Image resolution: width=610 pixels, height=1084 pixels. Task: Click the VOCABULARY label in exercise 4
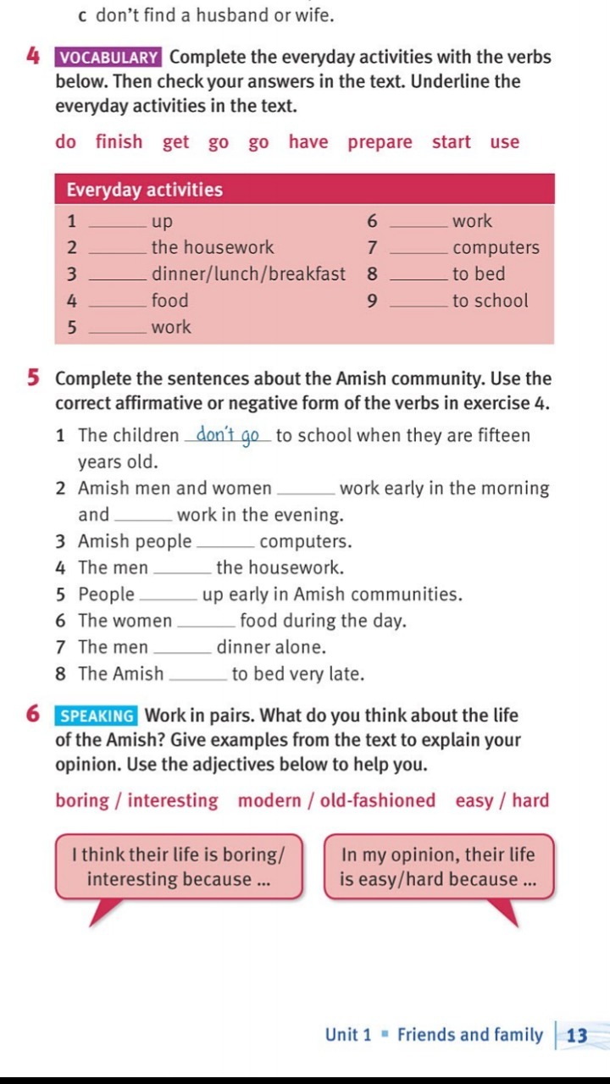click(109, 58)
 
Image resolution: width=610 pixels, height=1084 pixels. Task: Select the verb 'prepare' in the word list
click(380, 142)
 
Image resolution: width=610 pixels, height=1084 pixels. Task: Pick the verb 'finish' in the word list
click(119, 142)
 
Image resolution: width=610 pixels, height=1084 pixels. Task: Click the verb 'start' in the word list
click(451, 142)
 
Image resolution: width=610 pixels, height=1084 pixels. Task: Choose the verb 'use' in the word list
click(504, 142)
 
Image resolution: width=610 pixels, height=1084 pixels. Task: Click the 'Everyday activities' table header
click(144, 190)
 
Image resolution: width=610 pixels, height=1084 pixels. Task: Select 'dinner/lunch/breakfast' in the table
click(248, 274)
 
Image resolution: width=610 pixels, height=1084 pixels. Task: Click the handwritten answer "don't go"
click(227, 436)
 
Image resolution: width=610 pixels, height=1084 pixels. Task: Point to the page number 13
click(577, 1035)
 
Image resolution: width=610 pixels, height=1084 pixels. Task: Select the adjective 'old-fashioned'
click(378, 800)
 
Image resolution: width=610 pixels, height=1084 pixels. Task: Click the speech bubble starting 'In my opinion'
click(438, 866)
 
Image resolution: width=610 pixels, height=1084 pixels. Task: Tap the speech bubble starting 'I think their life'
click(178, 866)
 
